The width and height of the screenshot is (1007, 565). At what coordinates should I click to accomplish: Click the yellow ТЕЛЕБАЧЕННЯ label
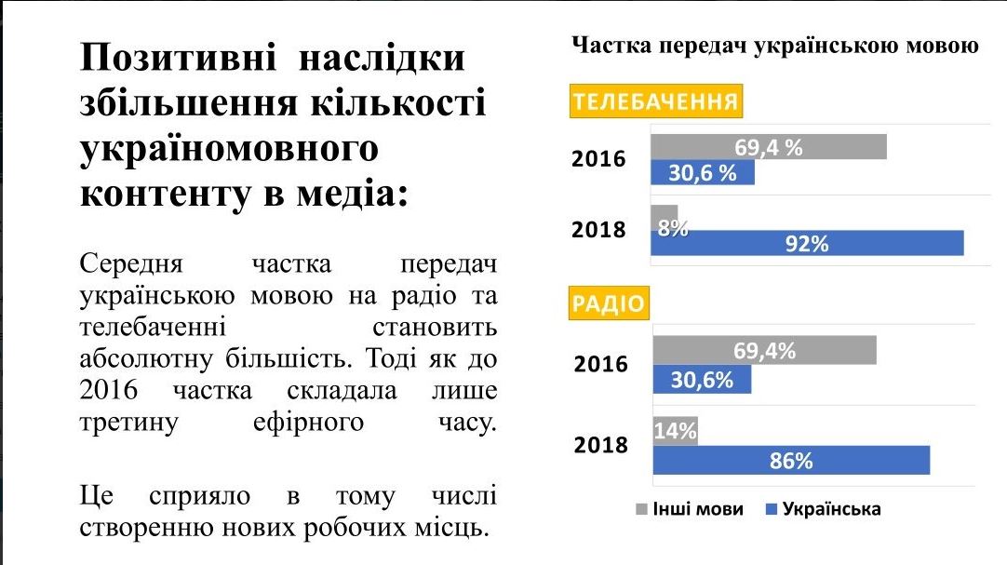click(655, 102)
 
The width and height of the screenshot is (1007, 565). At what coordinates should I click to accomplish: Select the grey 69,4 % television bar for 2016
click(768, 147)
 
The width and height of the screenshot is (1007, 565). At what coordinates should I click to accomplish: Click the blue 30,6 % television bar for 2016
click(702, 173)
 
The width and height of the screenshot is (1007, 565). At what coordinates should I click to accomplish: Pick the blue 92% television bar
click(806, 244)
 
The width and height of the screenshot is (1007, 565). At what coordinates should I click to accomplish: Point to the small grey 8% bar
click(665, 218)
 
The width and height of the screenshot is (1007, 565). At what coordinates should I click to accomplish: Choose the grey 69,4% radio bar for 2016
click(764, 351)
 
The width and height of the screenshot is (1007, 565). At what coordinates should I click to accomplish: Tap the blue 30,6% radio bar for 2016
click(701, 379)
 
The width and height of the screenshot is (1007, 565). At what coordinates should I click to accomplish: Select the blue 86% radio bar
click(791, 460)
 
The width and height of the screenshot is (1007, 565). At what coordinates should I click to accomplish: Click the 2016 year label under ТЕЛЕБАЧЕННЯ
click(598, 159)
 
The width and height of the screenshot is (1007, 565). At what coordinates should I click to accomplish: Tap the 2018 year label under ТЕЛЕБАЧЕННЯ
click(598, 230)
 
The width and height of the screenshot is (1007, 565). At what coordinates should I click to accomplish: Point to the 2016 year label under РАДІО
click(600, 364)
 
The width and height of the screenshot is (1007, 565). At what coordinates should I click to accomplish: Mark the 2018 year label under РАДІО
click(600, 445)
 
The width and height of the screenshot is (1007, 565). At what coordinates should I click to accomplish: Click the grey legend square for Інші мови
click(641, 509)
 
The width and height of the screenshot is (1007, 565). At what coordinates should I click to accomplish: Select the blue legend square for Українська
click(771, 509)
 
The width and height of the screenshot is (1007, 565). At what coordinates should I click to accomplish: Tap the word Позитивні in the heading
click(178, 58)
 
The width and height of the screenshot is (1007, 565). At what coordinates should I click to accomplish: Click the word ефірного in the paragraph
click(307, 422)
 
